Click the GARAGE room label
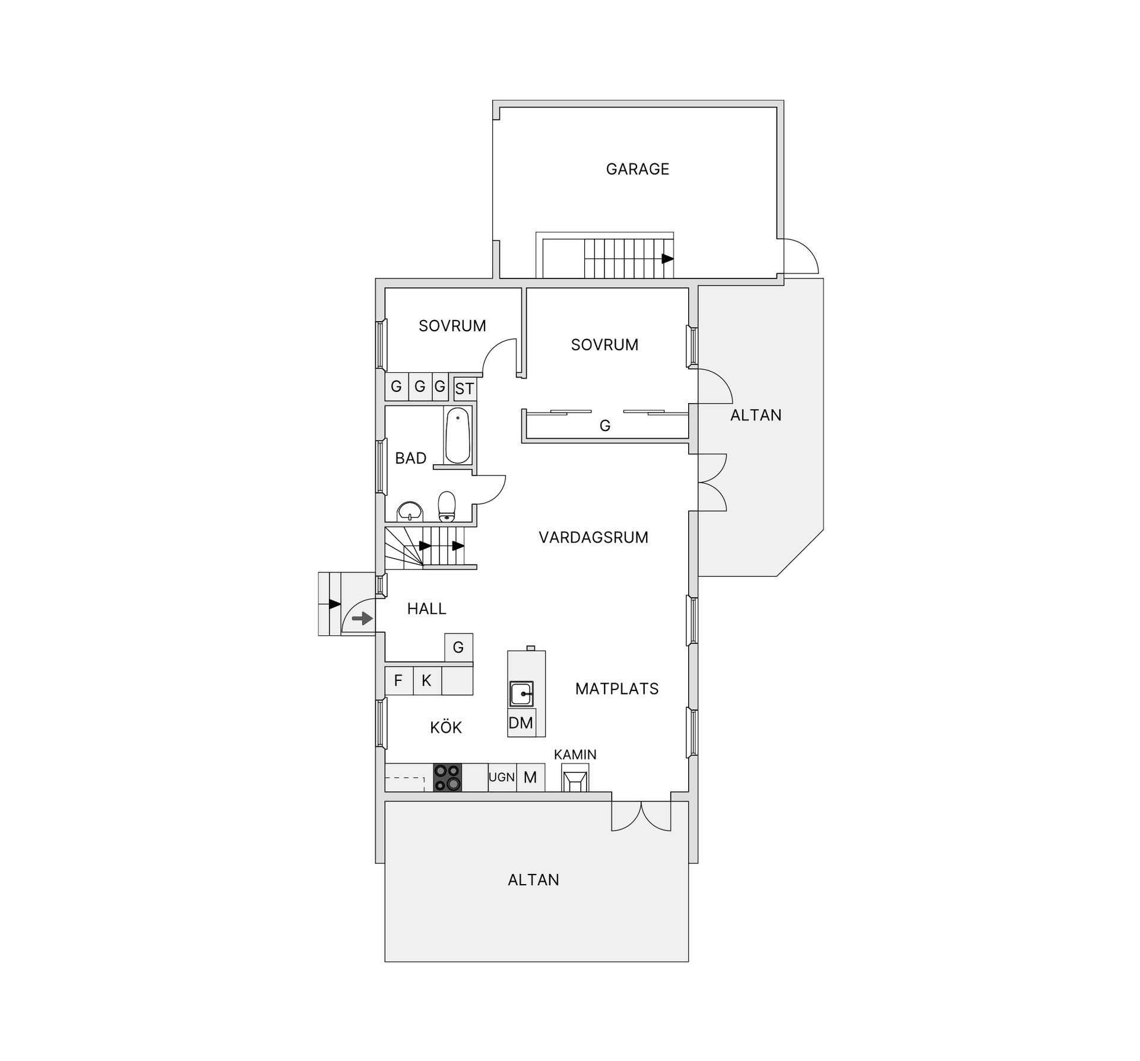pos(637,169)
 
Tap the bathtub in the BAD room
pos(458,436)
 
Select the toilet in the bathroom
pos(446,506)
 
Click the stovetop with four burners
pos(447,777)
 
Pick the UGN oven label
pos(502,777)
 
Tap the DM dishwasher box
pos(521,723)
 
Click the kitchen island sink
pos(521,693)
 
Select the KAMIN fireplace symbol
pos(575,778)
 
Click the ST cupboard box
pos(464,389)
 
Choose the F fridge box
pos(398,680)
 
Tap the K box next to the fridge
pos(426,680)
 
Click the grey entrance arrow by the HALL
pos(362,619)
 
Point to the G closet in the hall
pos(458,647)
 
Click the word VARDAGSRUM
pos(593,538)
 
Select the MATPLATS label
pos(617,689)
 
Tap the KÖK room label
pos(446,728)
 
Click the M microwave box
pos(530,777)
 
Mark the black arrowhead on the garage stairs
pos(668,259)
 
